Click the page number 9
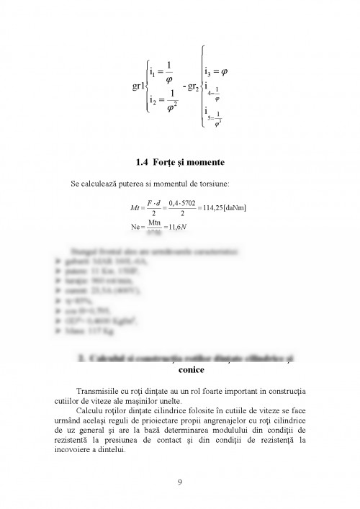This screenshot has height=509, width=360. pos(180,482)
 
